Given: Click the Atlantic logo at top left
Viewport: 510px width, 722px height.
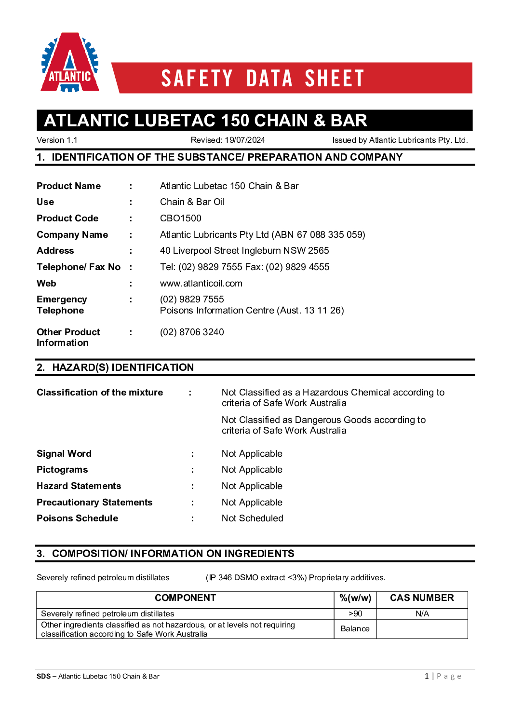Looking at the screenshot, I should (70, 63).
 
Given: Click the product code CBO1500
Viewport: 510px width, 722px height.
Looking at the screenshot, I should (180, 218).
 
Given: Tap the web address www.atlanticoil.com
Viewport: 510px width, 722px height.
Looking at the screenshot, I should (201, 284).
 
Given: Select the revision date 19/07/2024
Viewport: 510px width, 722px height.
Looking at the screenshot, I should (245, 140).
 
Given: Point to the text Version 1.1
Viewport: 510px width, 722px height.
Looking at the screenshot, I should (57, 140).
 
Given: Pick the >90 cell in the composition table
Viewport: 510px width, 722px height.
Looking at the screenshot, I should (355, 614).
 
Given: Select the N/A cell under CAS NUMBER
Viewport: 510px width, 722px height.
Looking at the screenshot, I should (422, 614).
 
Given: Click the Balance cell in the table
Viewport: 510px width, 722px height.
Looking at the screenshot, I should (355, 629).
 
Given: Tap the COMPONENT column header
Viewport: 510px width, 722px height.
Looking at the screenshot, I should (185, 598).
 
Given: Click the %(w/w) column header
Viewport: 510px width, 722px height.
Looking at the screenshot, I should (355, 598).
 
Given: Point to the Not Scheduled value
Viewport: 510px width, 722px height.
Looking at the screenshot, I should (252, 518).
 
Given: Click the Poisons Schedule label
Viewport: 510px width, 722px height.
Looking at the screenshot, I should (77, 518).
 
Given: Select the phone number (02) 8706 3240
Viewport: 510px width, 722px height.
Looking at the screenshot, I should (192, 332).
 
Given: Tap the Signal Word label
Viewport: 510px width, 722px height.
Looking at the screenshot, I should (64, 454).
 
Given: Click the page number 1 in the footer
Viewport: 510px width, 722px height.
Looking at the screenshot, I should (427, 676).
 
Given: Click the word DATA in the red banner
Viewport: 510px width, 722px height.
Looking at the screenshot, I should (269, 79).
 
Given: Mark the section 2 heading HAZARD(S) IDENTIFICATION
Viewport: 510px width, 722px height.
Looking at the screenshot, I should (123, 368).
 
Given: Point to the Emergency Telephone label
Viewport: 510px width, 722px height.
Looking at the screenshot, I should (62, 305).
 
